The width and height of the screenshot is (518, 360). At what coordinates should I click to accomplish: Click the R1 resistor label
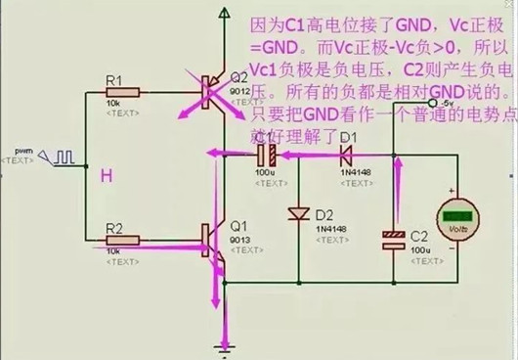(x=113, y=79)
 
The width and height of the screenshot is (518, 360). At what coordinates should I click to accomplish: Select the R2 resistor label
(x=114, y=227)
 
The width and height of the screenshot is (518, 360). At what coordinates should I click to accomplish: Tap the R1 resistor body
(x=121, y=93)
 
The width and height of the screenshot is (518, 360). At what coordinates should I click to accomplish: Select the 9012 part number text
(x=239, y=90)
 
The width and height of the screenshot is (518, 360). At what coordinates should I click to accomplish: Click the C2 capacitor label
(x=419, y=235)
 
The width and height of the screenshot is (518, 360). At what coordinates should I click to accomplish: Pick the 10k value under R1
(x=114, y=104)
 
